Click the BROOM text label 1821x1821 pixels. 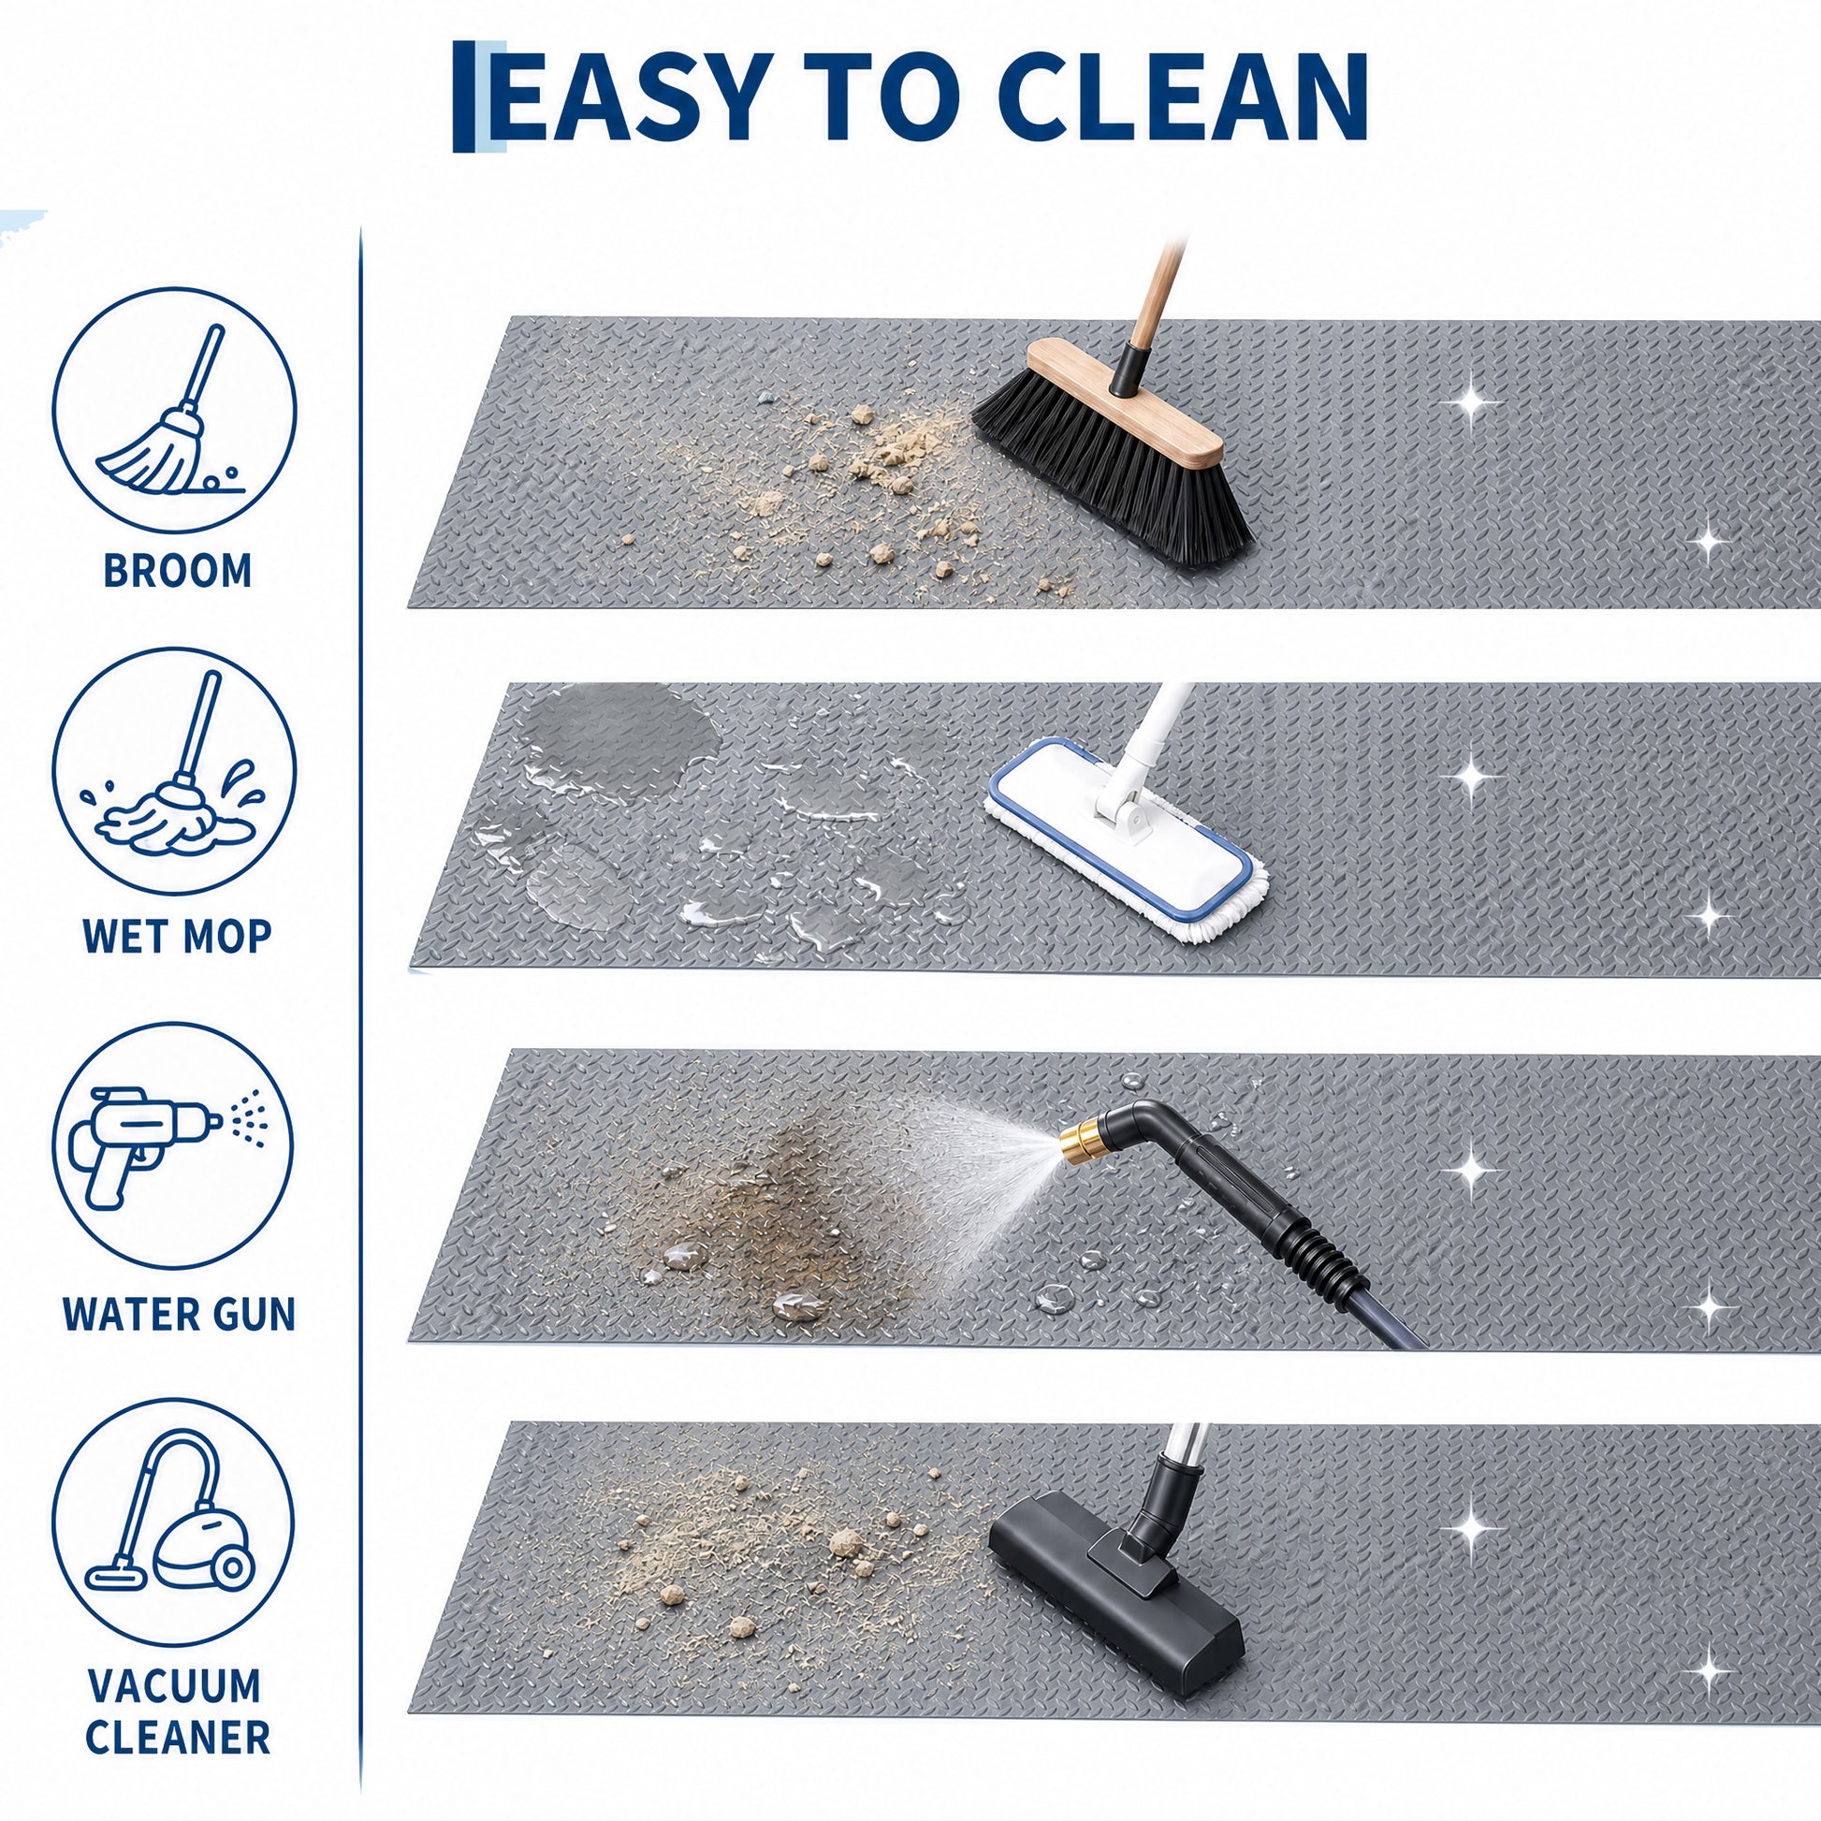point(178,571)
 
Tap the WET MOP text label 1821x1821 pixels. point(177,936)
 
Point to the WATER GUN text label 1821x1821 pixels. point(179,1315)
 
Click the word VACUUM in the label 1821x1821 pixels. point(174,1686)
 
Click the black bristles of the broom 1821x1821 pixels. point(1113,472)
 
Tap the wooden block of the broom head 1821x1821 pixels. point(1125,403)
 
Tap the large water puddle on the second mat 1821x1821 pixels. point(618,740)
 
